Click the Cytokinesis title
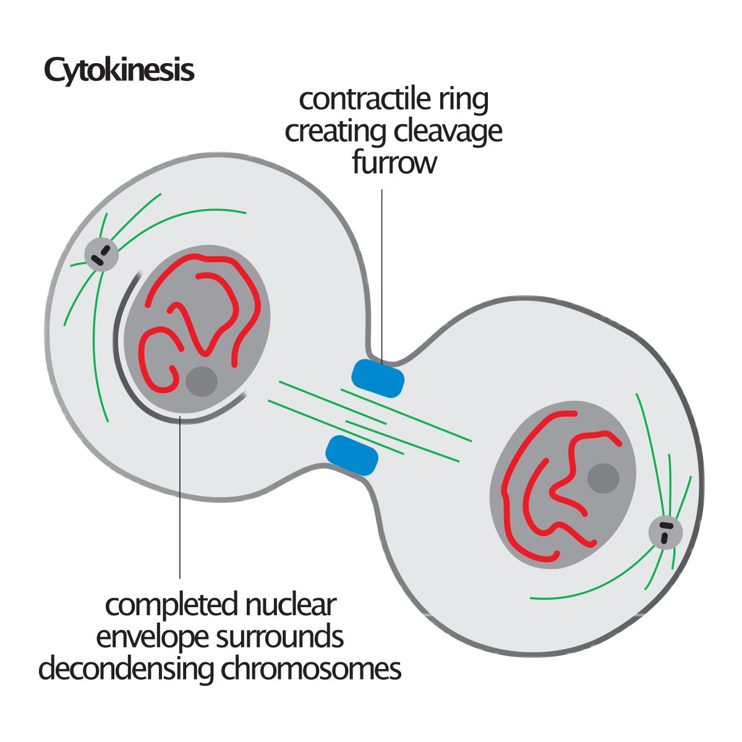pyautogui.click(x=119, y=71)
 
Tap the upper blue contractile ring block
pyautogui.click(x=378, y=378)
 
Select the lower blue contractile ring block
pyautogui.click(x=351, y=455)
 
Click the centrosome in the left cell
pyautogui.click(x=101, y=254)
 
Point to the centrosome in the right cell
pyautogui.click(x=665, y=532)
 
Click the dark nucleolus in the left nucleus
pyautogui.click(x=202, y=382)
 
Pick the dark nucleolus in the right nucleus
pyautogui.click(x=602, y=478)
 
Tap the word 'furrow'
pyautogui.click(x=394, y=163)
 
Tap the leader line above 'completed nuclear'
pyautogui.click(x=180, y=495)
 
